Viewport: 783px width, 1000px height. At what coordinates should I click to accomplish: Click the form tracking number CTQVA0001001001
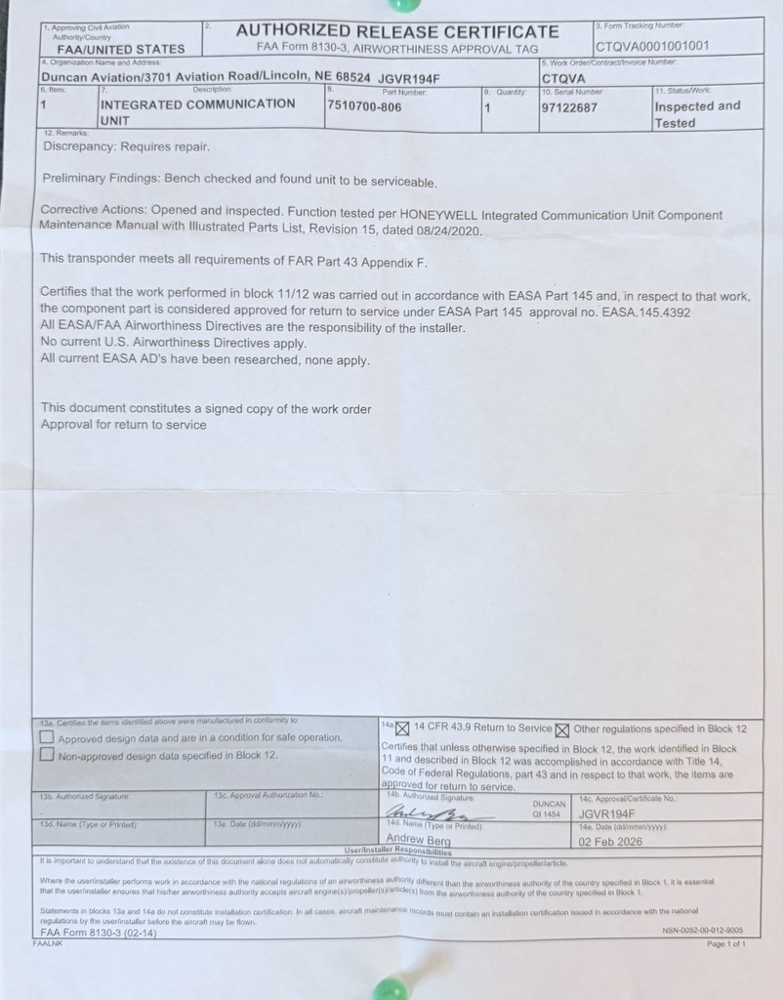652,45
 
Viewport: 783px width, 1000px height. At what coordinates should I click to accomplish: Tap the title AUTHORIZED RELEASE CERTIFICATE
397,30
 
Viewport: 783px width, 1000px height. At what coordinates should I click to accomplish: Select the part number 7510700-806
364,107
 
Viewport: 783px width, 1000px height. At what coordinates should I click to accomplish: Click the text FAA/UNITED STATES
121,49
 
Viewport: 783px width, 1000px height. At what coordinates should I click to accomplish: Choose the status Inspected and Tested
696,114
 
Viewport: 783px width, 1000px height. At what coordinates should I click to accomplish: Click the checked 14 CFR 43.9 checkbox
402,728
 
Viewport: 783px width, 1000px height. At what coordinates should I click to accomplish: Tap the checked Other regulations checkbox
562,729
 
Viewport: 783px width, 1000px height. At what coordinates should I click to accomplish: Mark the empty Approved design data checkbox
47,737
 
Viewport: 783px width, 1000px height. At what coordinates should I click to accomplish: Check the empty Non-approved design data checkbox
47,755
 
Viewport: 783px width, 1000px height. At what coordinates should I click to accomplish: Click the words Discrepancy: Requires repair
126,146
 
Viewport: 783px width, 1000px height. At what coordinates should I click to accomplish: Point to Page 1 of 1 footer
725,944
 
